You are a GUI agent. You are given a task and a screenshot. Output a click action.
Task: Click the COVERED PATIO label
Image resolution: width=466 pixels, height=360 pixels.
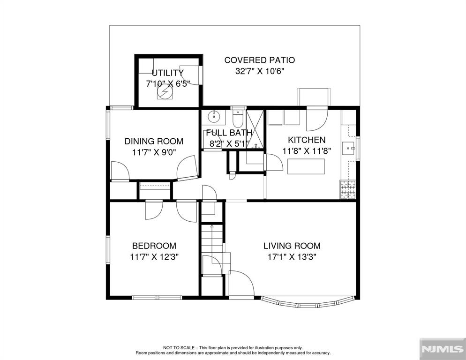259,60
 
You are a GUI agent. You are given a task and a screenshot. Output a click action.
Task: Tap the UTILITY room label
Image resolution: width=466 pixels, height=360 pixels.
167,73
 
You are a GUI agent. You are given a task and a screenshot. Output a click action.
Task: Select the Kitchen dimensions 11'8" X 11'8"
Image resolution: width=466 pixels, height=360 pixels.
307,151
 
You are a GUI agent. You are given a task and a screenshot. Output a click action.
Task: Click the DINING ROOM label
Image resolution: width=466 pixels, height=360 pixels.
153,141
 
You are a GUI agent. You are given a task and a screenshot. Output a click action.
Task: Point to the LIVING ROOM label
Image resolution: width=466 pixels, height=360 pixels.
292,246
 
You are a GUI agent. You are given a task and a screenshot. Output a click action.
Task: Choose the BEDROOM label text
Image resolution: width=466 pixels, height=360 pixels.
154,246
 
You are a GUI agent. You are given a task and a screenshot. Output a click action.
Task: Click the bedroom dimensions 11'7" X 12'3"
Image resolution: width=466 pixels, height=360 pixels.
154,257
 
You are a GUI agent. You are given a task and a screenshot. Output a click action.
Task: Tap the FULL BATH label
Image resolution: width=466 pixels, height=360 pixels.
229,133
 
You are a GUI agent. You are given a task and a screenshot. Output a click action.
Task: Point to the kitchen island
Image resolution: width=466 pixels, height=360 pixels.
306,167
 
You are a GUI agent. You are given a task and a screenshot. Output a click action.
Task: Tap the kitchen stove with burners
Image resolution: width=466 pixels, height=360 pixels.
347,190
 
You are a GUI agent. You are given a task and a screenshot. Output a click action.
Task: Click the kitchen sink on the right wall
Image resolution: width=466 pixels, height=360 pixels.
349,149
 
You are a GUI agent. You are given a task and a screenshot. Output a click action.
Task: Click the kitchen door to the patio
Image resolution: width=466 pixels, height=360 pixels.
317,119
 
